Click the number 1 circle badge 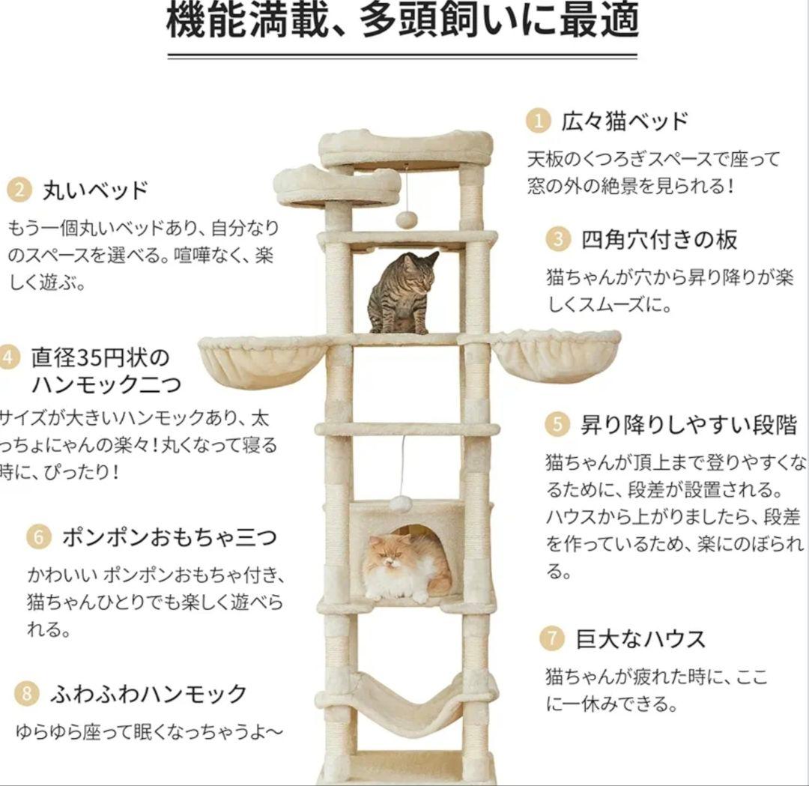click(537, 121)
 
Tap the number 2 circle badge click(18, 190)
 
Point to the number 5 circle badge click(557, 425)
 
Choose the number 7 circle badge click(551, 639)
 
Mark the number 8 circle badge click(26, 694)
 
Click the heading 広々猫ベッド click(625, 121)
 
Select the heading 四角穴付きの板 click(659, 240)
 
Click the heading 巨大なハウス click(640, 639)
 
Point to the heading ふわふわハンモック click(148, 694)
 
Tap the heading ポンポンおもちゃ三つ click(169, 536)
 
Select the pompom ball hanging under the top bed click(406, 220)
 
